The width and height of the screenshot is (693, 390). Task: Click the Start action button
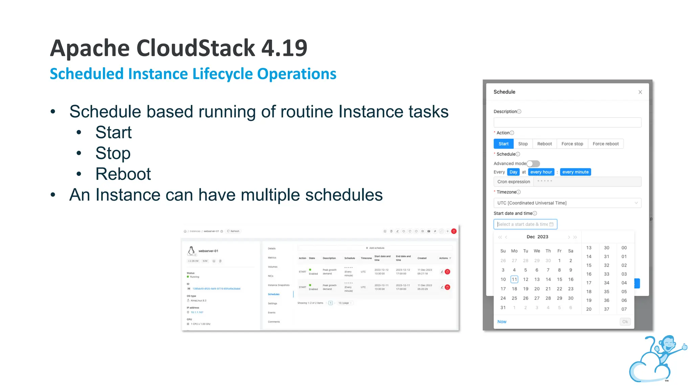coord(504,144)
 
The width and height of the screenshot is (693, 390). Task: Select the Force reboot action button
coord(605,144)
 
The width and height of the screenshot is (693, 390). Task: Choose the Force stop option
coord(572,144)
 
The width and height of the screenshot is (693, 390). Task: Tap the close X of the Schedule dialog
coord(640,92)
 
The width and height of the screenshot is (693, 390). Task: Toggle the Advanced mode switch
coord(533,164)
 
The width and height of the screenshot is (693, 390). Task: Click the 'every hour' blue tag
coord(541,172)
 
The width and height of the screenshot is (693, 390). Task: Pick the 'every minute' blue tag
coord(575,172)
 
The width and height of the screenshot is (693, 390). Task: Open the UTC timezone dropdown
coord(567,203)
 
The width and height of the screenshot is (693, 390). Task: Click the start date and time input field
coord(525,224)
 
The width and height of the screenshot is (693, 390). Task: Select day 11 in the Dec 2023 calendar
coord(514,279)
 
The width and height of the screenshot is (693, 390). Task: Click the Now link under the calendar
coord(502,322)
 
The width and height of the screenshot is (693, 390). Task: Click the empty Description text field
coord(567,122)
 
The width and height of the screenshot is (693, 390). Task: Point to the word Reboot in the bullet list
coord(123,174)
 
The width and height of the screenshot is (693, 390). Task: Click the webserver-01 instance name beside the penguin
coord(208,251)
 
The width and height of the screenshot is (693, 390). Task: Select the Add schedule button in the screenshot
coord(375,248)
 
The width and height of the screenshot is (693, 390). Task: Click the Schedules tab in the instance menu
coord(274,294)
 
